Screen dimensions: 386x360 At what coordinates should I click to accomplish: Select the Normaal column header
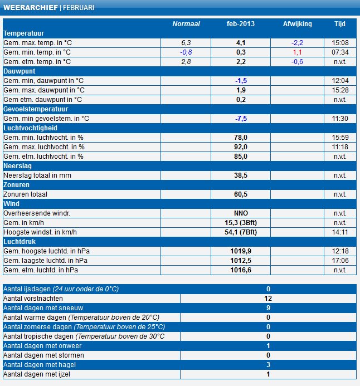tap(186, 24)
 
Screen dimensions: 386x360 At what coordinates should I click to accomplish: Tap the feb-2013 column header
tap(241, 24)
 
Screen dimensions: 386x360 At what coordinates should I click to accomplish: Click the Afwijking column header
tap(298, 24)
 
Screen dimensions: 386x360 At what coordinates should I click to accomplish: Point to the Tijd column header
tap(340, 24)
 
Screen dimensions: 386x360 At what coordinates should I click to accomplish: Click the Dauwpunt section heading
tap(20, 71)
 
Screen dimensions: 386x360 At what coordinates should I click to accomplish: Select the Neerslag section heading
tap(19, 166)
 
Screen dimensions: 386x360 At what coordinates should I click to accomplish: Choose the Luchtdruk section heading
tap(21, 241)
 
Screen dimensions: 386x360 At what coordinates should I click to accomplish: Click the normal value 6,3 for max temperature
tap(186, 43)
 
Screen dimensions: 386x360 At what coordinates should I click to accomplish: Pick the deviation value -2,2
tap(297, 43)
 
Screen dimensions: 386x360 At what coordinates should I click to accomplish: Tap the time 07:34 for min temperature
tap(340, 52)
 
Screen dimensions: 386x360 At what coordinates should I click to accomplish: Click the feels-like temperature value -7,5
tap(241, 119)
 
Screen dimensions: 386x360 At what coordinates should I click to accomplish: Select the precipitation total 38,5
tap(241, 175)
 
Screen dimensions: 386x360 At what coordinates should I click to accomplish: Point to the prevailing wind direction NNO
tap(241, 213)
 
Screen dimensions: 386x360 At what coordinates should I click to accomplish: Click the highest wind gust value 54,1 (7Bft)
tap(241, 232)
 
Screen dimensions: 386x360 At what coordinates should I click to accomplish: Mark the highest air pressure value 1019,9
tap(241, 251)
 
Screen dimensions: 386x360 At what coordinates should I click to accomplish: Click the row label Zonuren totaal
tap(26, 194)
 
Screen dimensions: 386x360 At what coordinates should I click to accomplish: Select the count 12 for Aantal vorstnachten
tap(268, 299)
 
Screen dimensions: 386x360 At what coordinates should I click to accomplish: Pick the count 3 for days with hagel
tap(268, 365)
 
